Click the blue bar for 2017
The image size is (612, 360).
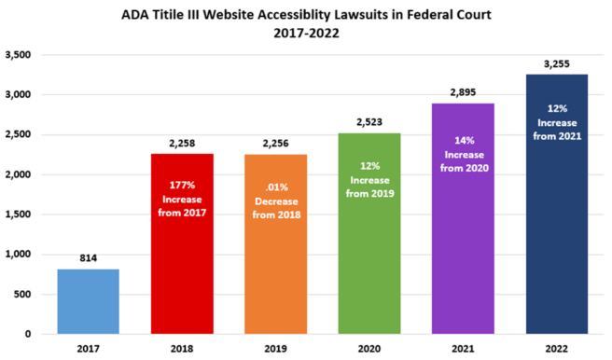[x=89, y=300]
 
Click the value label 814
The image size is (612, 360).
[x=89, y=257]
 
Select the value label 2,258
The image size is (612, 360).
[x=182, y=143]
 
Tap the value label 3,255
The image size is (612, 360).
[x=557, y=63]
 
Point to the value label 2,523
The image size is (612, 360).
[x=369, y=121]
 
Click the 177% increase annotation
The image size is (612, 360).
[x=182, y=198]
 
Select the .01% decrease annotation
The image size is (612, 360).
[x=276, y=198]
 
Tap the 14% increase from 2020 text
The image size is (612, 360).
[x=464, y=156]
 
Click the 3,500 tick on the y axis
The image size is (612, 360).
[x=19, y=55]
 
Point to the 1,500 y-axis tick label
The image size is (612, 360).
[x=19, y=215]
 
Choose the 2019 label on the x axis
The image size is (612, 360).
[x=276, y=349]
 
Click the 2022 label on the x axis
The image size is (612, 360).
[x=557, y=349]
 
